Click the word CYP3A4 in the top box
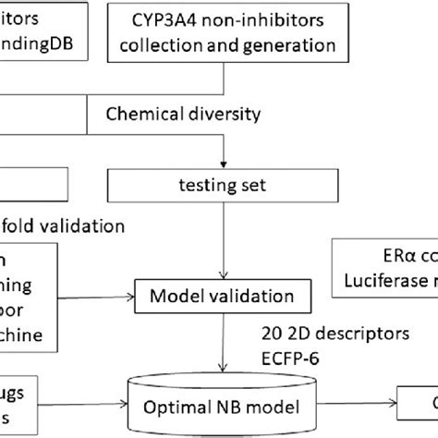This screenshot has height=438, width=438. (164, 16)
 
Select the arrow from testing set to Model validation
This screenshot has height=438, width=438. (224, 240)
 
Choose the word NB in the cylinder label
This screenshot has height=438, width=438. (231, 407)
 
